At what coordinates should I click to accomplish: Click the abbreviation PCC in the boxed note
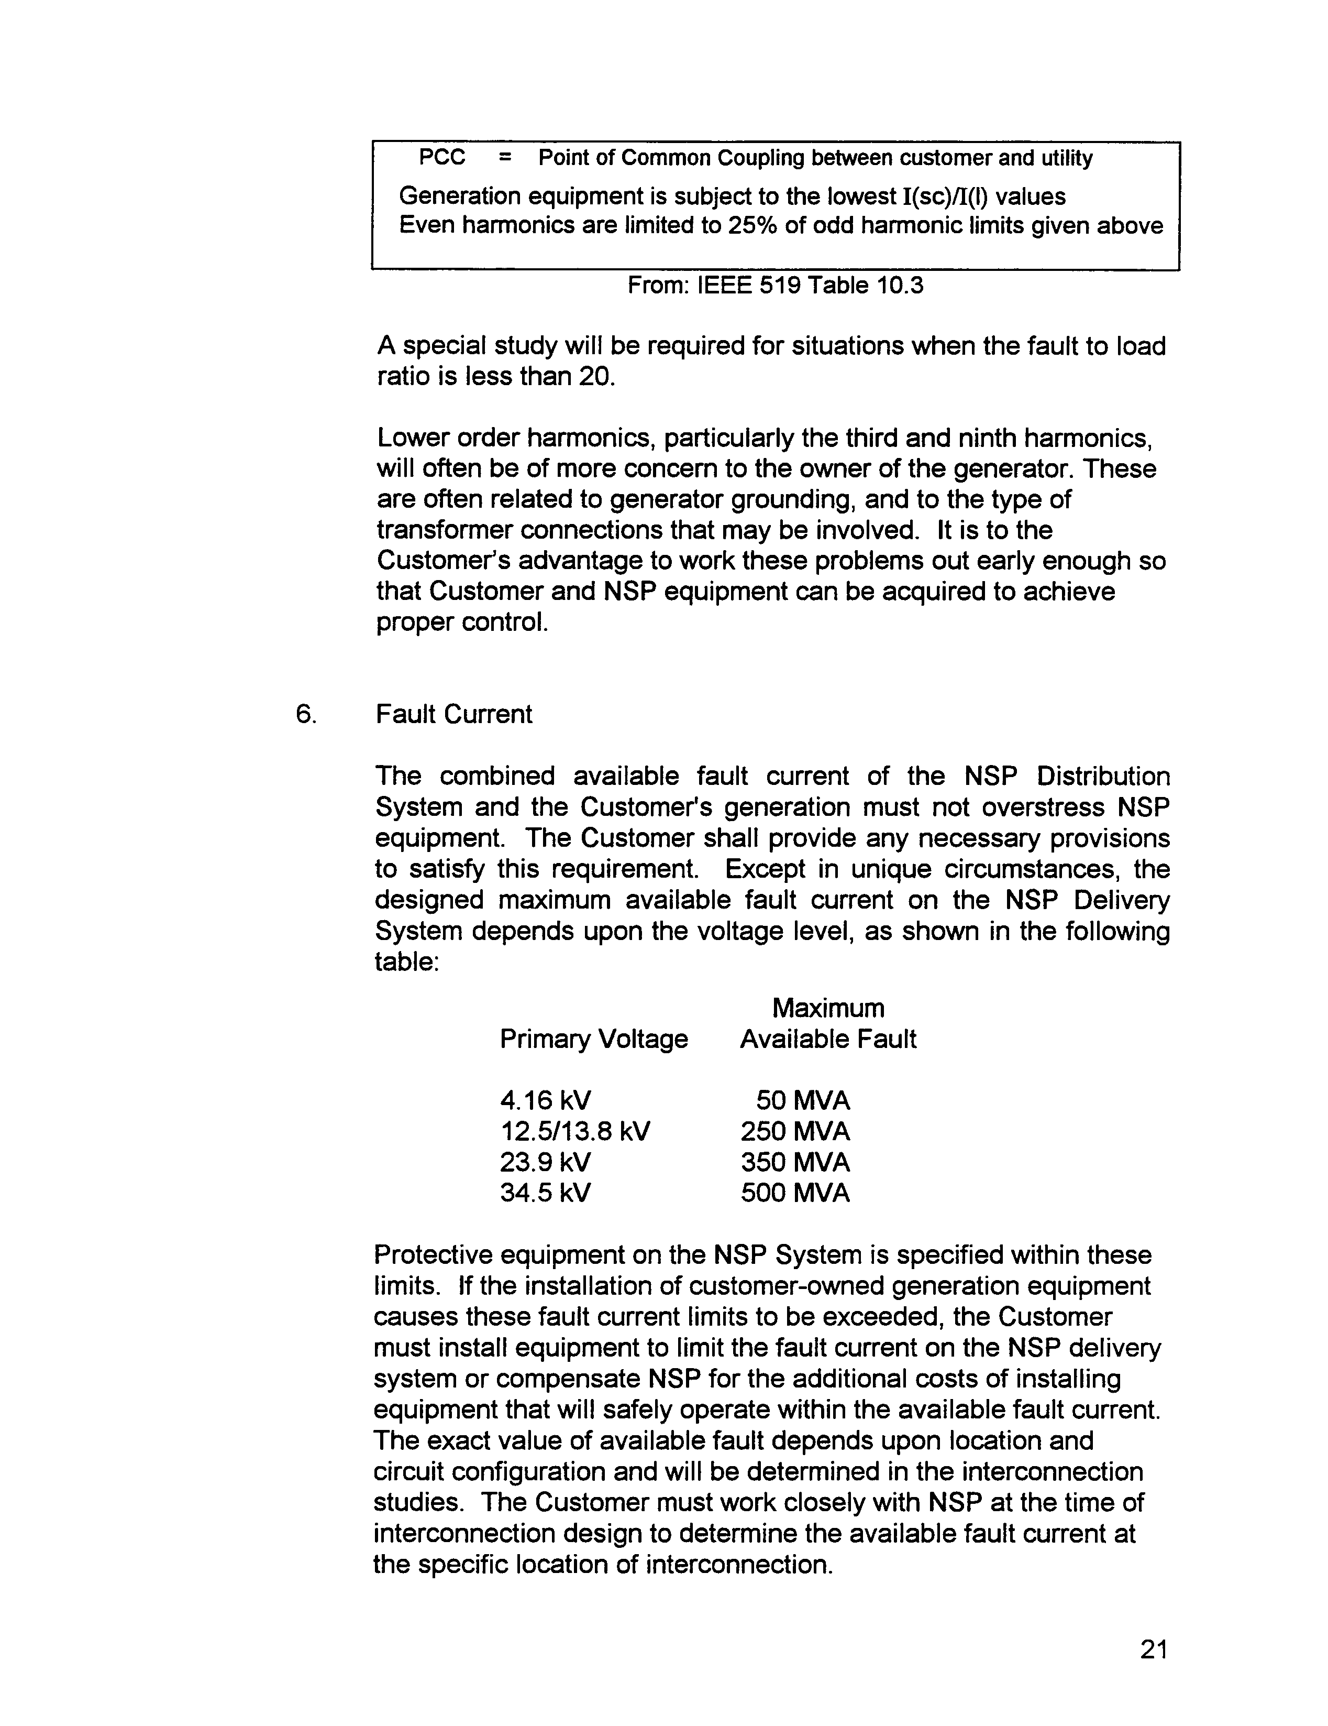[x=441, y=158]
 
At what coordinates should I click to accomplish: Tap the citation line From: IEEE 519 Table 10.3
[x=775, y=285]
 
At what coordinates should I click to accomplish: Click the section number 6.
[x=306, y=714]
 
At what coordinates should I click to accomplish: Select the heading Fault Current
[x=453, y=714]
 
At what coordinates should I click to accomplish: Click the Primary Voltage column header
[x=593, y=1039]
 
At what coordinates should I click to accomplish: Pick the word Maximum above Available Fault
[x=828, y=1009]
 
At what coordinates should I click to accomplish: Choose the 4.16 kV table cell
[x=545, y=1101]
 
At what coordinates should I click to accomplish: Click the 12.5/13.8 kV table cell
[x=574, y=1132]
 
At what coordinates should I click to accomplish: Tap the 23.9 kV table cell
[x=545, y=1163]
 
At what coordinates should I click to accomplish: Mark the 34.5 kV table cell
[x=545, y=1193]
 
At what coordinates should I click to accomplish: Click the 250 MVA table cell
[x=795, y=1132]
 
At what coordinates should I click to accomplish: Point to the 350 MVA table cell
[x=795, y=1163]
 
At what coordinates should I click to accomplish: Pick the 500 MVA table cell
[x=795, y=1193]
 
